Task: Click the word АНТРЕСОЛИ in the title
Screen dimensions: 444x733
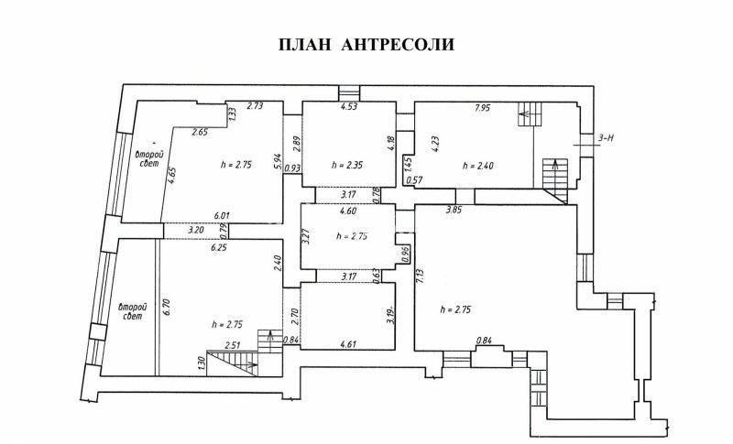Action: (x=399, y=45)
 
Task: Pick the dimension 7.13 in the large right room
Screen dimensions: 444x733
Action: (x=420, y=276)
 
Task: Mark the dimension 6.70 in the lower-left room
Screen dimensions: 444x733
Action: (x=167, y=307)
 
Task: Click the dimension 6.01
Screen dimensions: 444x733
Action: (x=223, y=215)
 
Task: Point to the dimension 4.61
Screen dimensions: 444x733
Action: (x=348, y=344)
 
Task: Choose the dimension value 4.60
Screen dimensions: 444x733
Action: (x=348, y=211)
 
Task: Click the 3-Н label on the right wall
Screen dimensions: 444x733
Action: (x=606, y=138)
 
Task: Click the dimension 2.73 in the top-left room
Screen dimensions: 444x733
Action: (x=256, y=107)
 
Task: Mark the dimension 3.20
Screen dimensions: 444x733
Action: (x=195, y=229)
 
